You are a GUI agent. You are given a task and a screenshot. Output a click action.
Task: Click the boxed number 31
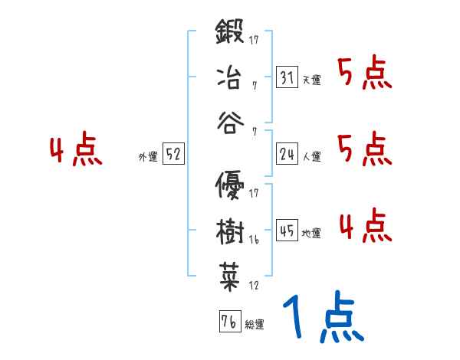(287, 77)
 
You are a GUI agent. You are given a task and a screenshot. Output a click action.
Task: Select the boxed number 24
(287, 154)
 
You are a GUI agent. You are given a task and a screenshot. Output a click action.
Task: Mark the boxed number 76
(229, 321)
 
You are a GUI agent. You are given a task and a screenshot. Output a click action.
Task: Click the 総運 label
(255, 324)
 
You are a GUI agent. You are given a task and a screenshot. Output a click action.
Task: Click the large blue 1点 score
(322, 318)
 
